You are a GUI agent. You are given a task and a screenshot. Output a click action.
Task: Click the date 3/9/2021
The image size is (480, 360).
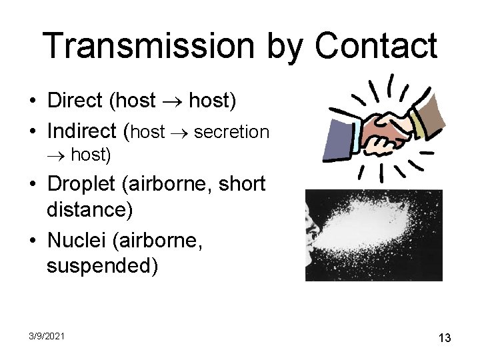46,337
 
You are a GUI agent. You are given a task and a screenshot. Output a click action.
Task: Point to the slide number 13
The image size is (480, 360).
445,338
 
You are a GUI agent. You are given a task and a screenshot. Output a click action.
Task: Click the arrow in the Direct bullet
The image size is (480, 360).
172,102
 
